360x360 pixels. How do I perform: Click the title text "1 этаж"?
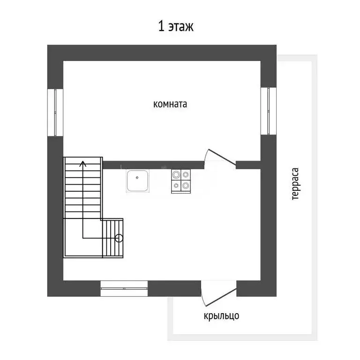(176, 26)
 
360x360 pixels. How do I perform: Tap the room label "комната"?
(170, 104)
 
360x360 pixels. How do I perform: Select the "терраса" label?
(295, 184)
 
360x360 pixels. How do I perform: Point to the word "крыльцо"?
(221, 316)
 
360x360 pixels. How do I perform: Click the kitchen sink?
(137, 180)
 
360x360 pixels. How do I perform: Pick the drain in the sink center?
(137, 178)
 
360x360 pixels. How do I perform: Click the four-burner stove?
(180, 181)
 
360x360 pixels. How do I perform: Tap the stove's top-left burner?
(176, 175)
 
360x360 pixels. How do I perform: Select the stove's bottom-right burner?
(186, 185)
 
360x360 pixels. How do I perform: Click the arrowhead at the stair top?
(83, 164)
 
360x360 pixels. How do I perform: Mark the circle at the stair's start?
(119, 238)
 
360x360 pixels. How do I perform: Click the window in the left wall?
(55, 112)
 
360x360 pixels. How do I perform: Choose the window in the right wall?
(269, 111)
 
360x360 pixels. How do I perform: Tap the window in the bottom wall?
(124, 288)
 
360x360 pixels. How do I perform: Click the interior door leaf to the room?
(222, 157)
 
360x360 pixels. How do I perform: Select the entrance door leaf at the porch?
(221, 297)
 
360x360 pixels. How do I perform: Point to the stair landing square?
(83, 238)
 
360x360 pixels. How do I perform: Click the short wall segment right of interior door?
(248, 165)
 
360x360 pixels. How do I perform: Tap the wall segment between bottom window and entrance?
(174, 288)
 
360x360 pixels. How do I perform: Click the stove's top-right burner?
(186, 175)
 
